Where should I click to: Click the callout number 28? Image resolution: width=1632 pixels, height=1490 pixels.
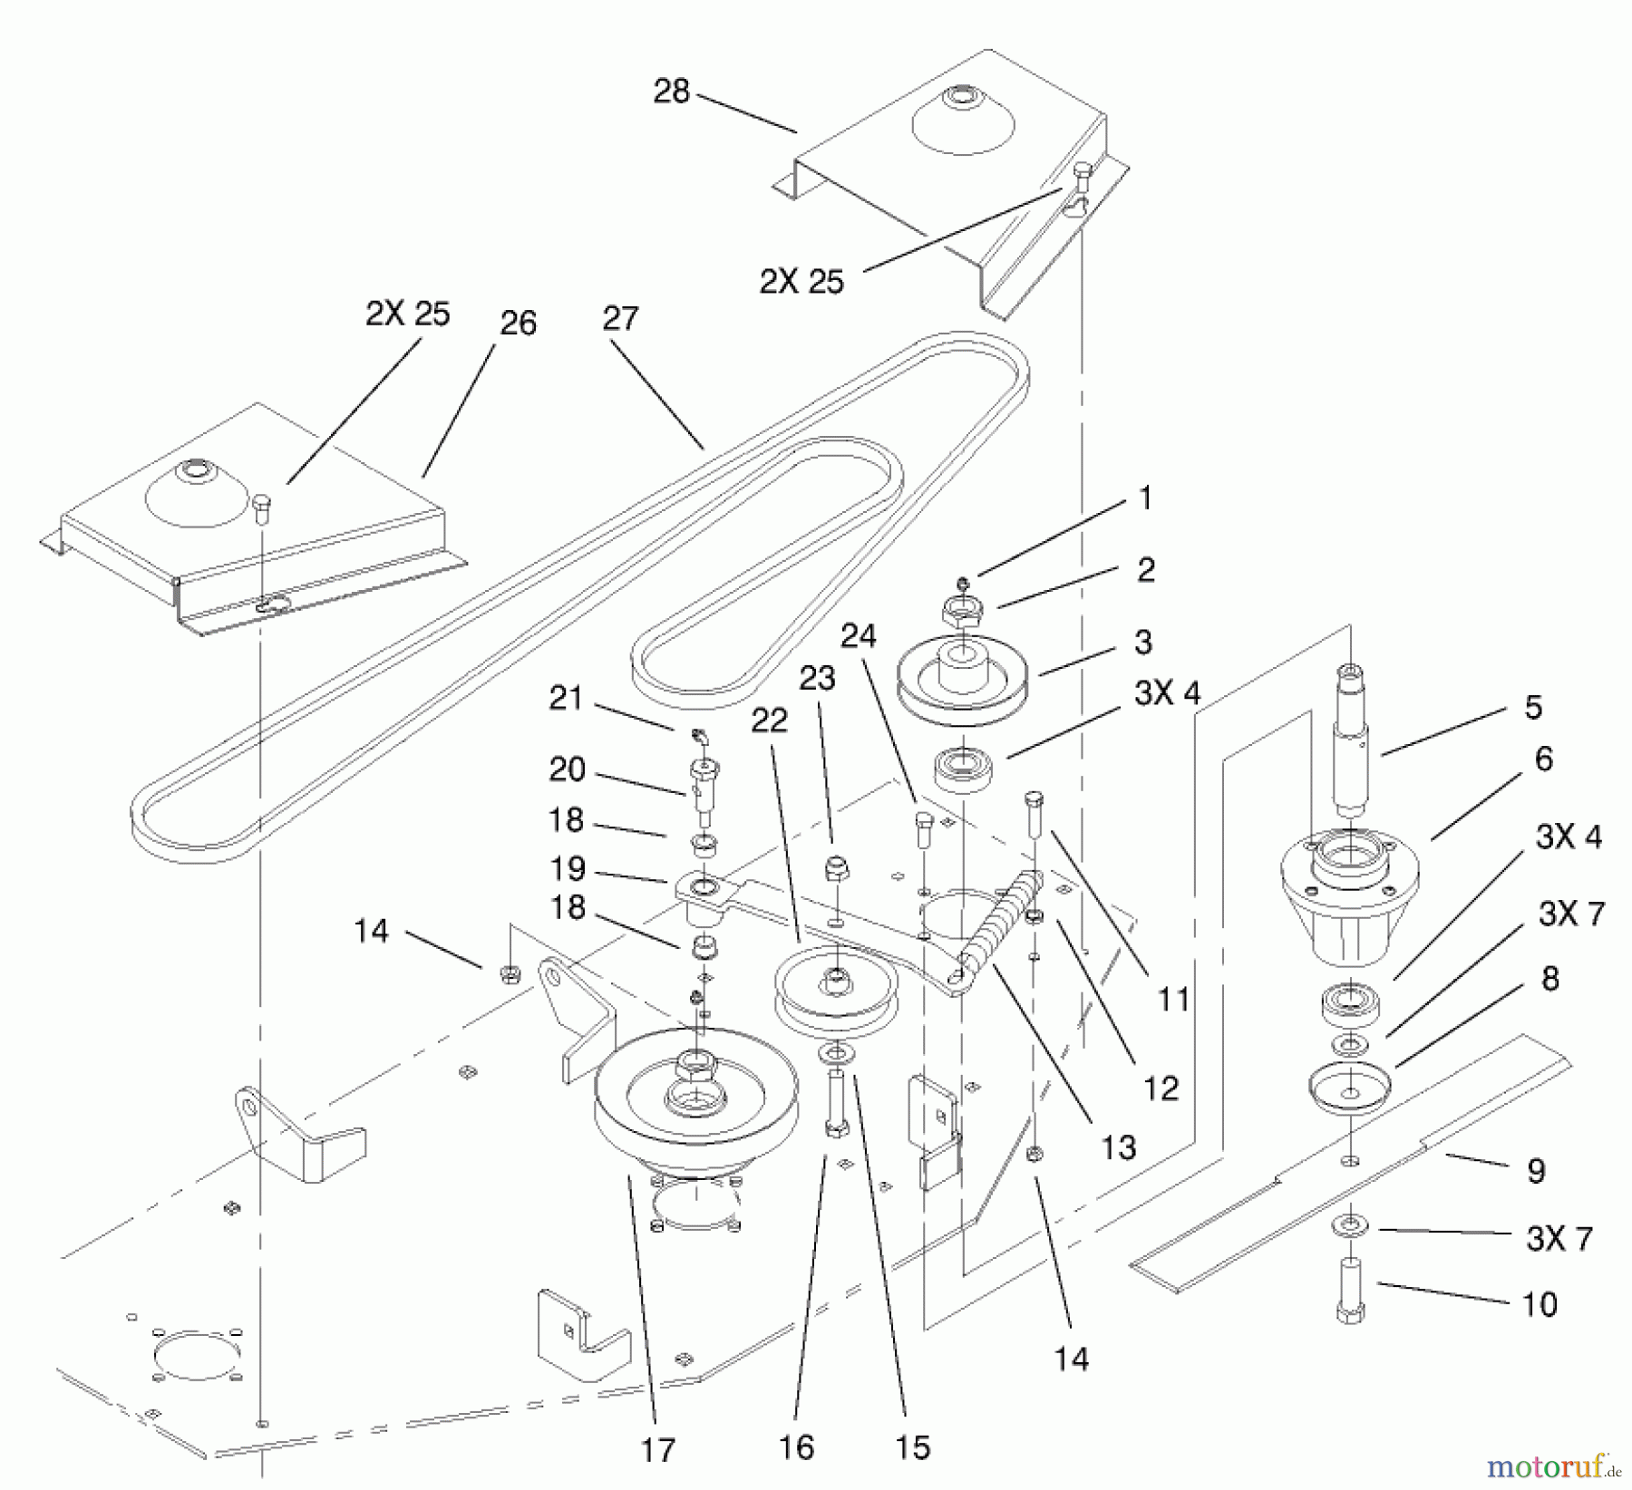click(671, 92)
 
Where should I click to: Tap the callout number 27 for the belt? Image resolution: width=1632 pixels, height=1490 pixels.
click(620, 319)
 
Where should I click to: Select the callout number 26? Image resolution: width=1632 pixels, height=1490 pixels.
click(518, 324)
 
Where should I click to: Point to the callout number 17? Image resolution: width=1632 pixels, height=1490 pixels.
click(658, 1449)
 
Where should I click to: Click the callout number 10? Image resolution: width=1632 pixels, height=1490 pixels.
click(1539, 1304)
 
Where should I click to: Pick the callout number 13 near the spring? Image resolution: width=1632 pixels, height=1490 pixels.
click(1118, 1147)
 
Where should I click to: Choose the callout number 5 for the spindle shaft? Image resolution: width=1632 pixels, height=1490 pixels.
click(1533, 707)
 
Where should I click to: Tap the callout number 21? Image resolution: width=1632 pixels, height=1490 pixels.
click(566, 699)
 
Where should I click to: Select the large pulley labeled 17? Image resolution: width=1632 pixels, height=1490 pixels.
click(696, 1097)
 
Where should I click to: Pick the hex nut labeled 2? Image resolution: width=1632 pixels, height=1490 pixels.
click(964, 614)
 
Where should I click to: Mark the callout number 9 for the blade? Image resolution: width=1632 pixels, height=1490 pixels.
click(1535, 1171)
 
